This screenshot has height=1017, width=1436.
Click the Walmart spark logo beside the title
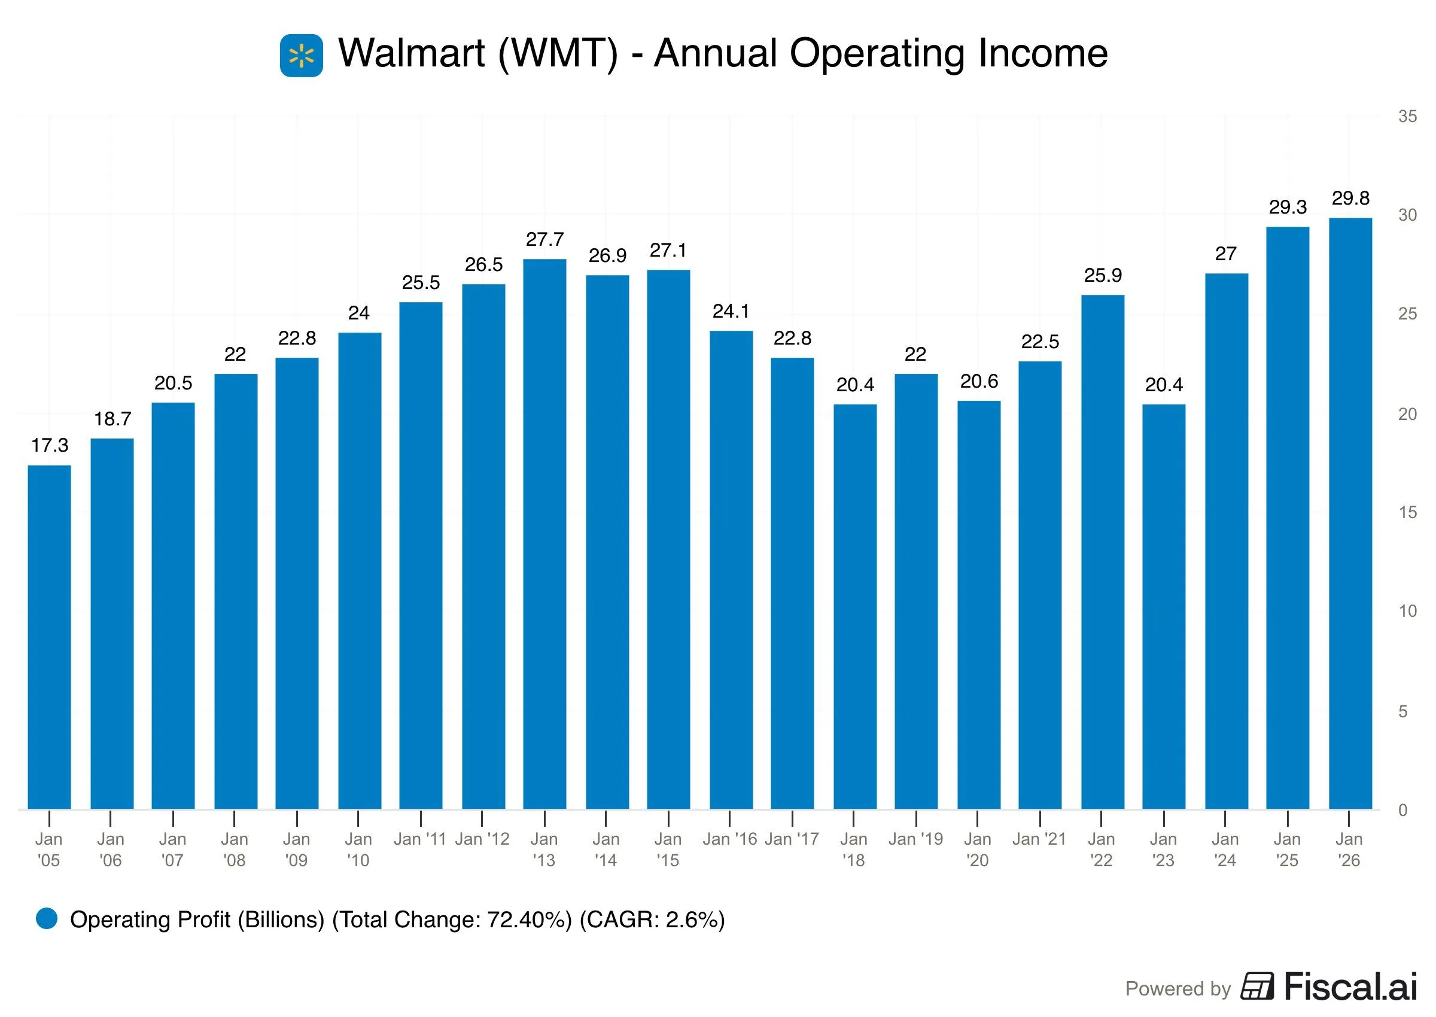point(301,56)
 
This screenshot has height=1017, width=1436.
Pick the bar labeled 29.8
point(1350,513)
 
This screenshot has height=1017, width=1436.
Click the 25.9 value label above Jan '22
point(1103,276)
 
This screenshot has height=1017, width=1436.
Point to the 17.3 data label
point(50,445)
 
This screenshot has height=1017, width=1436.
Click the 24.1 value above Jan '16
point(730,311)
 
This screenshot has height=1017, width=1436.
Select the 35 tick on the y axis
point(1407,117)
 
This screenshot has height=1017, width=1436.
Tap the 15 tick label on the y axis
point(1407,512)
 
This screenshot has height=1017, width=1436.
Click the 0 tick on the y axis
point(1403,810)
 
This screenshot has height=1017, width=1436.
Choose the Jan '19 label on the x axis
point(915,839)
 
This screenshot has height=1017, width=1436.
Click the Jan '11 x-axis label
point(419,839)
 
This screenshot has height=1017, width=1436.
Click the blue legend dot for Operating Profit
point(47,919)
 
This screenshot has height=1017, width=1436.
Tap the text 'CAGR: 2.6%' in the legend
point(652,919)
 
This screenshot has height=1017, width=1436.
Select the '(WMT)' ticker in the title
point(558,53)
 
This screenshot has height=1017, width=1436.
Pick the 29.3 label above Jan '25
point(1288,207)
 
